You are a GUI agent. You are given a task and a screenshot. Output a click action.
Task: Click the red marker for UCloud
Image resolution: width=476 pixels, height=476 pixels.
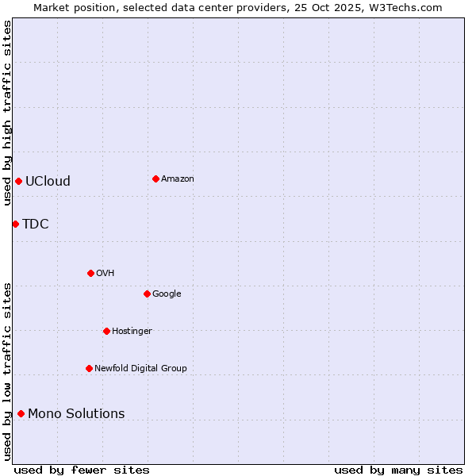[18, 181]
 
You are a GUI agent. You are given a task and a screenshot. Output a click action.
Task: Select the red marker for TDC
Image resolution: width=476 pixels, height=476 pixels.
[15, 224]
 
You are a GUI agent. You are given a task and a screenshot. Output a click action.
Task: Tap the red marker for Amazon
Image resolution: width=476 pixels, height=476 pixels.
[155, 178]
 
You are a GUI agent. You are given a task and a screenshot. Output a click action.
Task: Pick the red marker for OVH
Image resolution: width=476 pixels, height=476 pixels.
[90, 273]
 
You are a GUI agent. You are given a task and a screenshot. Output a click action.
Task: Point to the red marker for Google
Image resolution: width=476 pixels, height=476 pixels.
[147, 294]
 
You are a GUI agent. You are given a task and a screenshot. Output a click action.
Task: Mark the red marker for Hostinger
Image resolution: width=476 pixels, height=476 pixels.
[106, 331]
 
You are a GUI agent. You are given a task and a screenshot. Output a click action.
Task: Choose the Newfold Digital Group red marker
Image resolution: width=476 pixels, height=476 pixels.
[89, 368]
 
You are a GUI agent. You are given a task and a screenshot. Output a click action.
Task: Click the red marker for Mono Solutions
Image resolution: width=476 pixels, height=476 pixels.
[21, 413]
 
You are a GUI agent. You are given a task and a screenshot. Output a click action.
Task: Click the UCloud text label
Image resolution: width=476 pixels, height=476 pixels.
[48, 181]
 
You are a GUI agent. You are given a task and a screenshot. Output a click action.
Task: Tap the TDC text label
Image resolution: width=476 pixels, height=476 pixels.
[36, 224]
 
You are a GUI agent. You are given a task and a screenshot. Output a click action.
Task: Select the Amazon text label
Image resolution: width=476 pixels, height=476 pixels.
[178, 178]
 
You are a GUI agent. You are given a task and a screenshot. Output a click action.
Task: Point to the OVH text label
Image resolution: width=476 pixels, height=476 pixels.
[106, 273]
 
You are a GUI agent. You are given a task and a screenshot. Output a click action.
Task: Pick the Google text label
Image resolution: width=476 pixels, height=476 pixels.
[167, 294]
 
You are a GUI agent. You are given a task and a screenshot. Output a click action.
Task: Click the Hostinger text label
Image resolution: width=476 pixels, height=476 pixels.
[132, 331]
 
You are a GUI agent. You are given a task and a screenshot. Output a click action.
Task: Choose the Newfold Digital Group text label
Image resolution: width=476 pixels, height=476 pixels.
[140, 368]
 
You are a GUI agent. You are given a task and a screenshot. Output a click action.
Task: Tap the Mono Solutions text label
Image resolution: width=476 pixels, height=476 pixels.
[76, 413]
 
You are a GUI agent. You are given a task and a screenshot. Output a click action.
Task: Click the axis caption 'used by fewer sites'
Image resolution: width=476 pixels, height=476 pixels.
[82, 470]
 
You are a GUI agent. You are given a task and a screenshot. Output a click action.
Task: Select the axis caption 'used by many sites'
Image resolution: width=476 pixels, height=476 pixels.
[398, 470]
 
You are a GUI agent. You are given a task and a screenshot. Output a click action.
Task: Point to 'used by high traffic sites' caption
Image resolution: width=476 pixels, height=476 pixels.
[7, 113]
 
